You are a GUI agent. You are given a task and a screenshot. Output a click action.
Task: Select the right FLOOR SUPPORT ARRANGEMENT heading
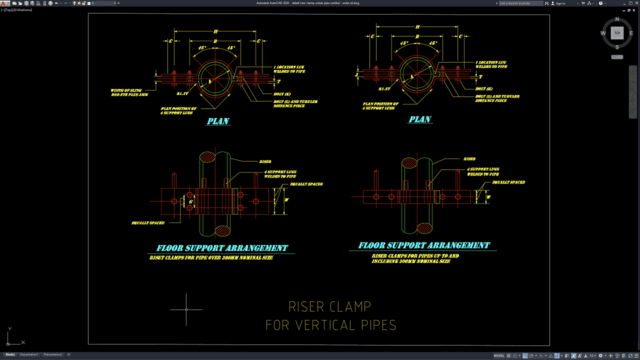[425, 244]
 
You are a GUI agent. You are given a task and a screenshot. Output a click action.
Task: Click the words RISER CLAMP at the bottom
[330, 307]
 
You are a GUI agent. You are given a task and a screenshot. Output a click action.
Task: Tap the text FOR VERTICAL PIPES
[330, 325]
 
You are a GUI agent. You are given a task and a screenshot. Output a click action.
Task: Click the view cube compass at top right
[617, 33]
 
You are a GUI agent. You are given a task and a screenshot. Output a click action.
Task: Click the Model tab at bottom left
[10, 354]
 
